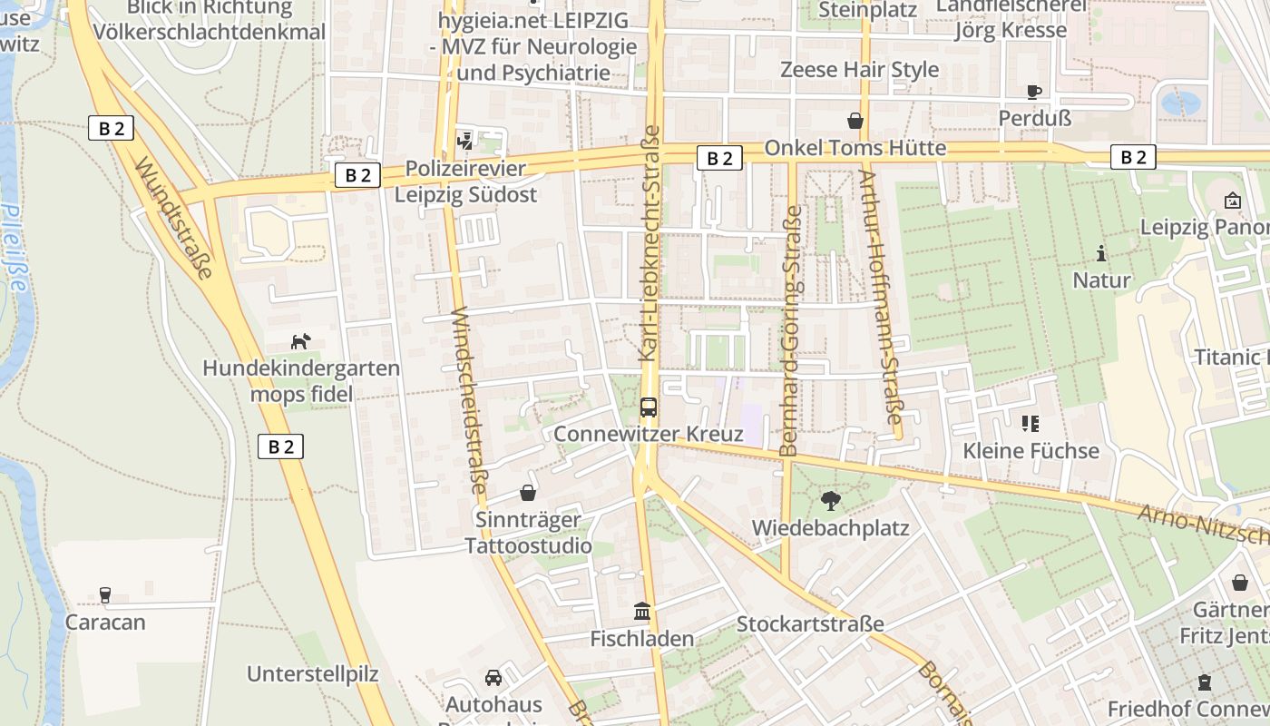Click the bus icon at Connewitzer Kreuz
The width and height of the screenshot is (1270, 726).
649,407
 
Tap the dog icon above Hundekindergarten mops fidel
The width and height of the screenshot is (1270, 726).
300,341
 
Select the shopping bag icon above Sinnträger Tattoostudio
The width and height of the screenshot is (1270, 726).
528,493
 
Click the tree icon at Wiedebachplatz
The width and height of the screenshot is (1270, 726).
830,500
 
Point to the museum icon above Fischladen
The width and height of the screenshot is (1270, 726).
642,612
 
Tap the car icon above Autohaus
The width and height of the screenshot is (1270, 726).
493,677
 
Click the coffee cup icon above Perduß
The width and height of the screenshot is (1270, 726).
1034,92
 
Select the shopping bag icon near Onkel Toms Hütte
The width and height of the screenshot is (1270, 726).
855,121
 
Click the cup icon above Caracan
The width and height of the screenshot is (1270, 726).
105,595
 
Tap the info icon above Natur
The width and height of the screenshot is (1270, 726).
1101,253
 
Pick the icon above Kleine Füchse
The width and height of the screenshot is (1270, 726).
1030,423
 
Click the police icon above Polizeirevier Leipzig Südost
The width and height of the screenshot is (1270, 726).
465,141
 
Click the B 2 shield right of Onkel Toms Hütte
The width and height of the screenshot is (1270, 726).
1134,157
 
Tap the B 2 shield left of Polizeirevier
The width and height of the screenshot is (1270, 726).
357,175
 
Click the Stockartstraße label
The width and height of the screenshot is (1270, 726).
809,624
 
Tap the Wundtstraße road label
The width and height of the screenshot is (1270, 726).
174,218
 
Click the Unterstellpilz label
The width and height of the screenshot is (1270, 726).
312,674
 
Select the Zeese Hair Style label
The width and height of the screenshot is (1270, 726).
859,70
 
